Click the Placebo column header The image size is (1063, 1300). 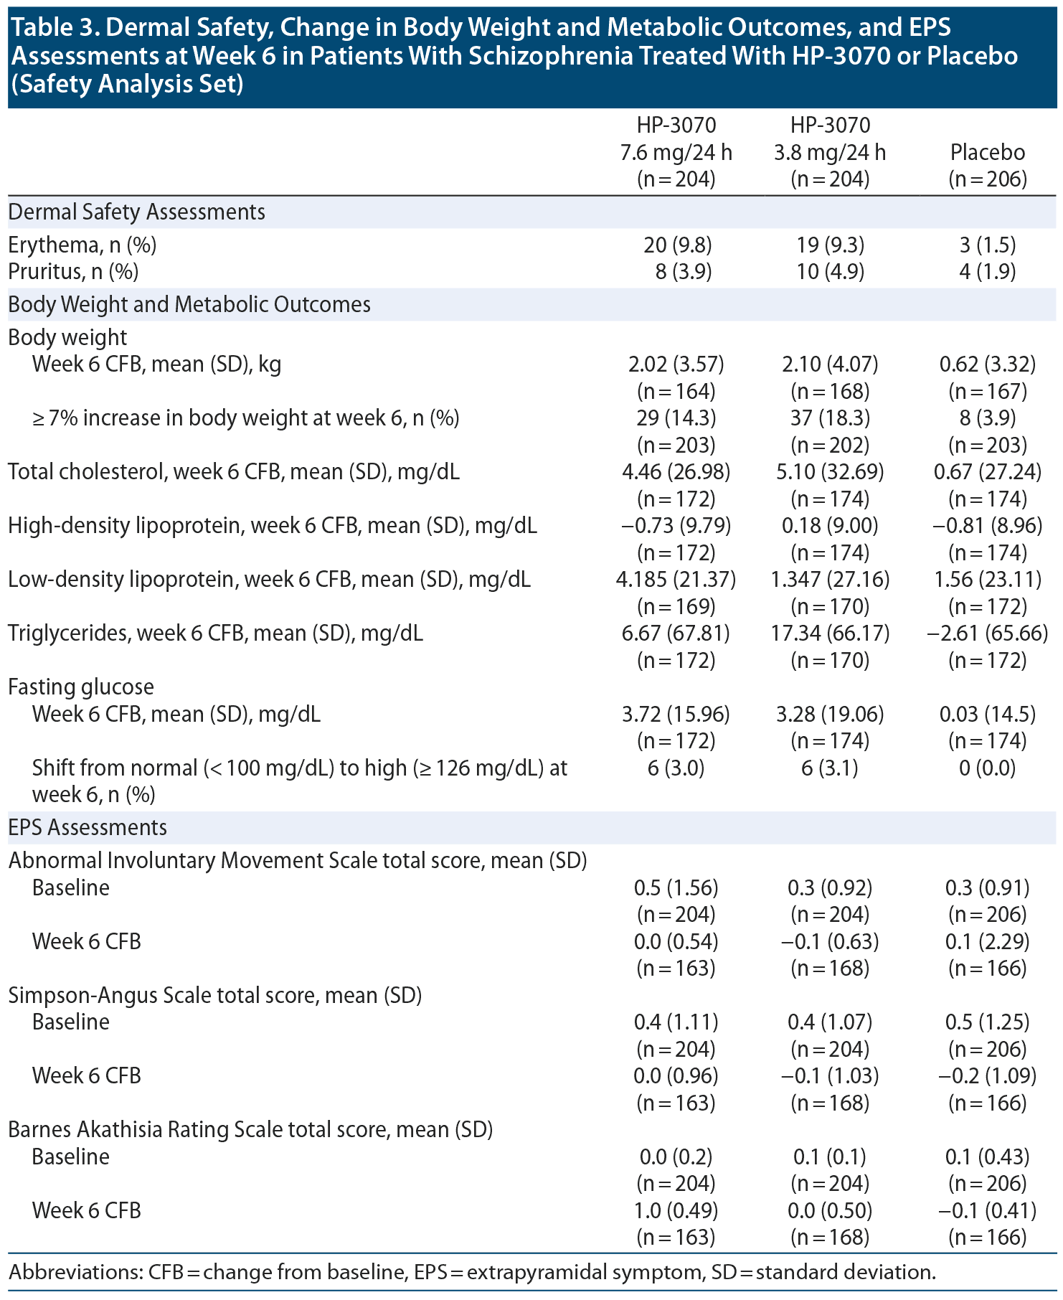point(987,152)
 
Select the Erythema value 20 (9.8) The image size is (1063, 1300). point(677,245)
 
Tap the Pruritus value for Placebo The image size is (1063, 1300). point(987,272)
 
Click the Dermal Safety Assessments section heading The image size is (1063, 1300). point(136,212)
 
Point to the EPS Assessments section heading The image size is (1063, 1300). point(88,827)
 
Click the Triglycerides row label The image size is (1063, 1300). point(215,633)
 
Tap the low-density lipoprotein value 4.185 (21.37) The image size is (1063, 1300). point(676,580)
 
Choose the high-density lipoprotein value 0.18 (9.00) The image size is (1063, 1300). point(830,526)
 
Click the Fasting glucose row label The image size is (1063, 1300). point(81,687)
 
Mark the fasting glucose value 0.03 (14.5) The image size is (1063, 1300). point(987,715)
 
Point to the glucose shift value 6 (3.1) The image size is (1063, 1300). point(830,768)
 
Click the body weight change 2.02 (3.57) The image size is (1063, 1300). point(676,364)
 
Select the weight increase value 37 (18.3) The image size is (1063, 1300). point(830,418)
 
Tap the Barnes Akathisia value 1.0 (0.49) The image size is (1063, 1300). point(676,1211)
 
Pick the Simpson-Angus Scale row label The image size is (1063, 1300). point(214,996)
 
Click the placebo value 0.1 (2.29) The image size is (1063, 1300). point(987,941)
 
